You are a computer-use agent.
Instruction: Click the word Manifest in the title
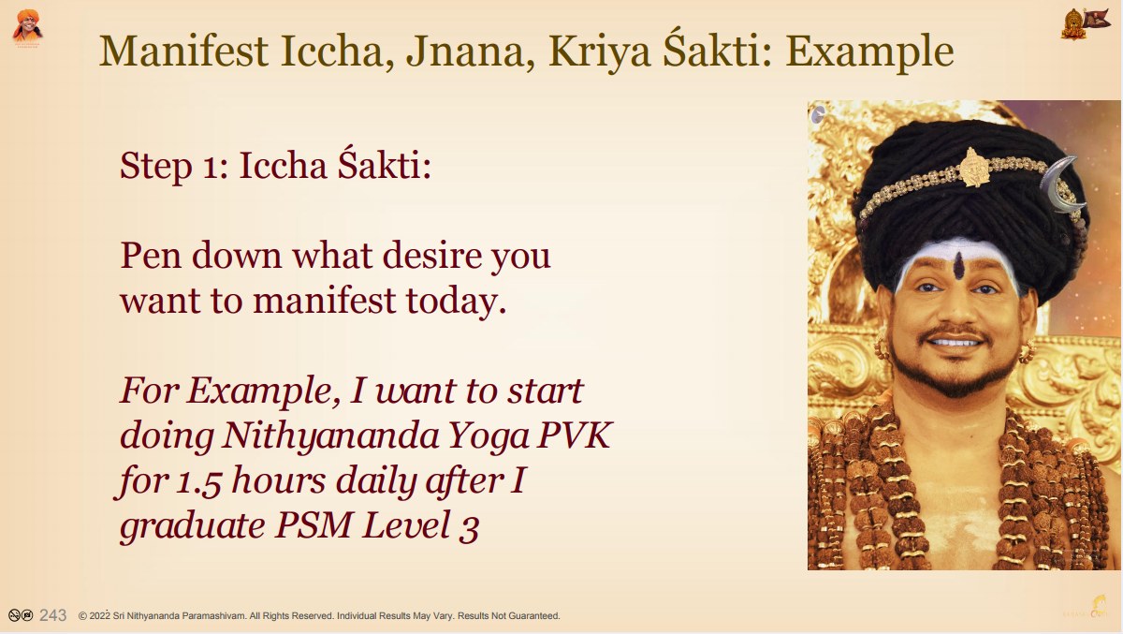(x=184, y=51)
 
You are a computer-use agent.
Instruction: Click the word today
(x=456, y=301)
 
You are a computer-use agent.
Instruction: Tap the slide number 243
(x=52, y=615)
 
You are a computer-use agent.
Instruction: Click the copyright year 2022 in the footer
(x=100, y=616)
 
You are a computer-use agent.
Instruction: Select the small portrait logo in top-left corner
(x=27, y=28)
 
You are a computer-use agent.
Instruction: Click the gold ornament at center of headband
(x=973, y=167)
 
